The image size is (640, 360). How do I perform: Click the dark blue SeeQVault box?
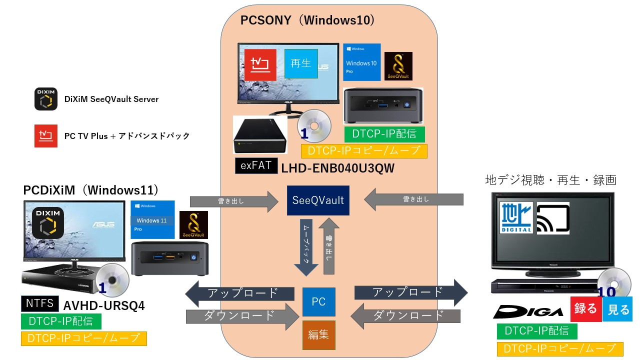pos(318,200)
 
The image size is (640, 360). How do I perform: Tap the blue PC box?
pos(318,301)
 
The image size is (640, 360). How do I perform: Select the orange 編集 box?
pos(318,334)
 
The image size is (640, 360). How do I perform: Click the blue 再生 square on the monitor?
pos(301,63)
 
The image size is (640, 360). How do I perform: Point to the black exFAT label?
pos(256,166)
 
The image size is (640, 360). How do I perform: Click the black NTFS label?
pos(40,304)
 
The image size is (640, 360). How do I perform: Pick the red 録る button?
pos(585,309)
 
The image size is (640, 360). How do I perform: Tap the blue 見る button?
pos(618,309)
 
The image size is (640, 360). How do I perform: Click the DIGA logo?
pos(528,312)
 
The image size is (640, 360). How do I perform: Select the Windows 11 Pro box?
pos(152,219)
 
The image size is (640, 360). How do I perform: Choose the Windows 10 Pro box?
pos(361,62)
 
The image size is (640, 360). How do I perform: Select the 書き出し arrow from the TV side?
pos(413,200)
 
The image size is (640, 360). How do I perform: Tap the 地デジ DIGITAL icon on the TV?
pos(516,217)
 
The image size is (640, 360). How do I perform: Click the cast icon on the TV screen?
pos(553,218)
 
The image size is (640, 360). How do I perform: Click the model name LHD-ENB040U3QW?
pos(338,168)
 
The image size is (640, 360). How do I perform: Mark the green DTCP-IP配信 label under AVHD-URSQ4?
pos(60,321)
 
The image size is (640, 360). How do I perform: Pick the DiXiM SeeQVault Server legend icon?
pos(46,99)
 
